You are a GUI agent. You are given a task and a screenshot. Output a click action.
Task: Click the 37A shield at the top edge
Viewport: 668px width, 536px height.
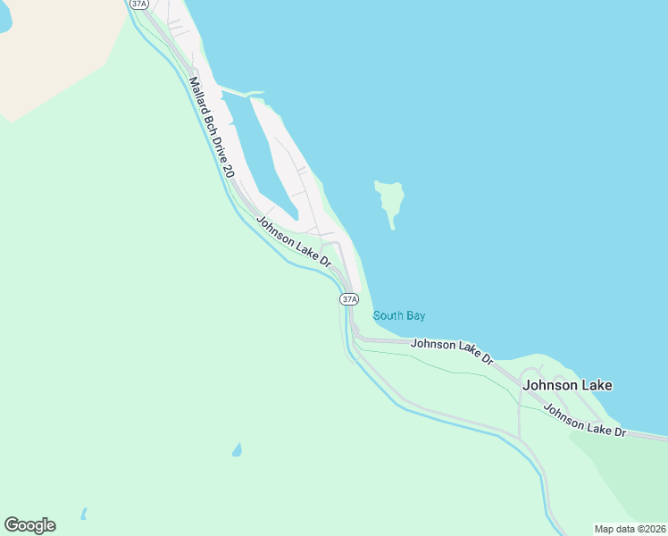[138, 4]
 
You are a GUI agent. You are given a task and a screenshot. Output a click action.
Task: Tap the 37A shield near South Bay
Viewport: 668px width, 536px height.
[349, 299]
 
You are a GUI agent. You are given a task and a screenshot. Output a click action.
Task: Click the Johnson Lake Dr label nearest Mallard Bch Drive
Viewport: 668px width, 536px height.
[294, 242]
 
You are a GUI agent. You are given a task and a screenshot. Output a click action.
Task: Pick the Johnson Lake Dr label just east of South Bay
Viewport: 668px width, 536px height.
[452, 349]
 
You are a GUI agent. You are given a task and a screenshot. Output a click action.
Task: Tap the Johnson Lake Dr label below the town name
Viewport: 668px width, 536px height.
[586, 421]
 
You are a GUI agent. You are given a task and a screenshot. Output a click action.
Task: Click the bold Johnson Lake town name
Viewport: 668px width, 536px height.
[568, 386]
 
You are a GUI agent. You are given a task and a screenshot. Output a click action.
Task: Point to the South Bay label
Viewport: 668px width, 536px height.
[398, 315]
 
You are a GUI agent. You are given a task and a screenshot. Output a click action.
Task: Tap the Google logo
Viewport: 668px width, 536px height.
[29, 525]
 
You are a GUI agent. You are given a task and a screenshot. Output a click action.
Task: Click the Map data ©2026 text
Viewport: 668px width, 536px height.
[630, 529]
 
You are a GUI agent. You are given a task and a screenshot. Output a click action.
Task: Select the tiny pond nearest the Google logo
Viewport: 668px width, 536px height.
[83, 515]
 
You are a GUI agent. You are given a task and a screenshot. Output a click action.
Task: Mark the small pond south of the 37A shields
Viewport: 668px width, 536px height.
[237, 449]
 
